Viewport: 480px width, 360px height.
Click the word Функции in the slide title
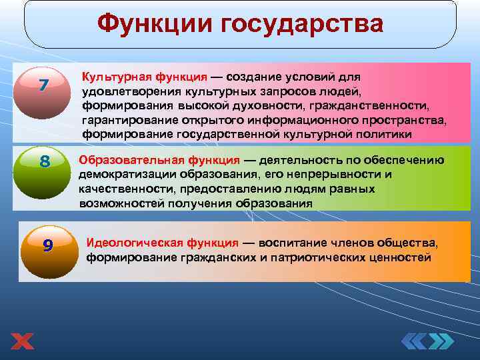click(x=150, y=25)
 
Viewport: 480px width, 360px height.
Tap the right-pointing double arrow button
click(x=441, y=342)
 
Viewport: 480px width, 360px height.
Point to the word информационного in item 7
click(x=319, y=120)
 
